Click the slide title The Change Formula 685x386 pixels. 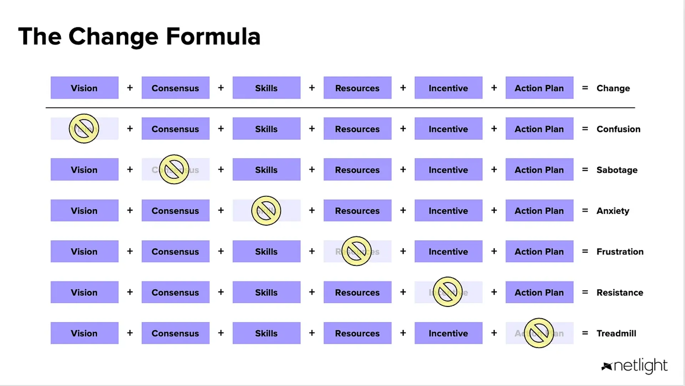tap(139, 36)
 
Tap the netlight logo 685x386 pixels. tap(635, 366)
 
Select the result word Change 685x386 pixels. tap(613, 88)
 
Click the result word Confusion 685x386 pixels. tap(618, 129)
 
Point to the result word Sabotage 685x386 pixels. tap(617, 170)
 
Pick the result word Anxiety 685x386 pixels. tap(613, 211)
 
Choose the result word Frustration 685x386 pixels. tap(620, 252)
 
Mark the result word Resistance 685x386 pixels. tap(620, 293)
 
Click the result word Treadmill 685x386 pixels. tap(616, 333)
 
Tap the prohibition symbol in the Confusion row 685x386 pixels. tap(84, 128)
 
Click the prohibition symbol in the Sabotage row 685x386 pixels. tap(174, 169)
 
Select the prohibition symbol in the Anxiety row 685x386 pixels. tap(266, 210)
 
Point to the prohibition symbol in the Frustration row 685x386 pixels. tap(356, 251)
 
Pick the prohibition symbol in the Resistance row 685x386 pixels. tap(448, 292)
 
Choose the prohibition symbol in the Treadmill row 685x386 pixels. tap(539, 333)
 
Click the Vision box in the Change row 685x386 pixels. tap(84, 88)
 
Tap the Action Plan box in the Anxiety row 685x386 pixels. tap(539, 210)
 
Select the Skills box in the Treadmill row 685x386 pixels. tap(266, 333)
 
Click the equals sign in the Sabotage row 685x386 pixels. tap(585, 169)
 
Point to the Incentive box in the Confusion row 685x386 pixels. tap(448, 129)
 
